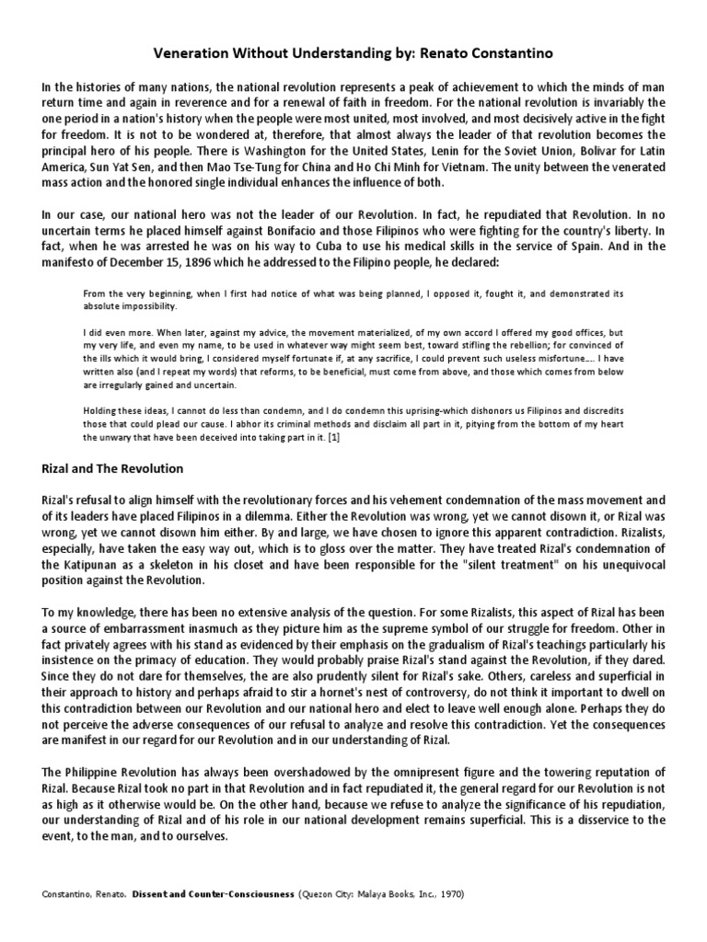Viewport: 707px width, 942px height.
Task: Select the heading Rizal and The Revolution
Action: pos(113,469)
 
